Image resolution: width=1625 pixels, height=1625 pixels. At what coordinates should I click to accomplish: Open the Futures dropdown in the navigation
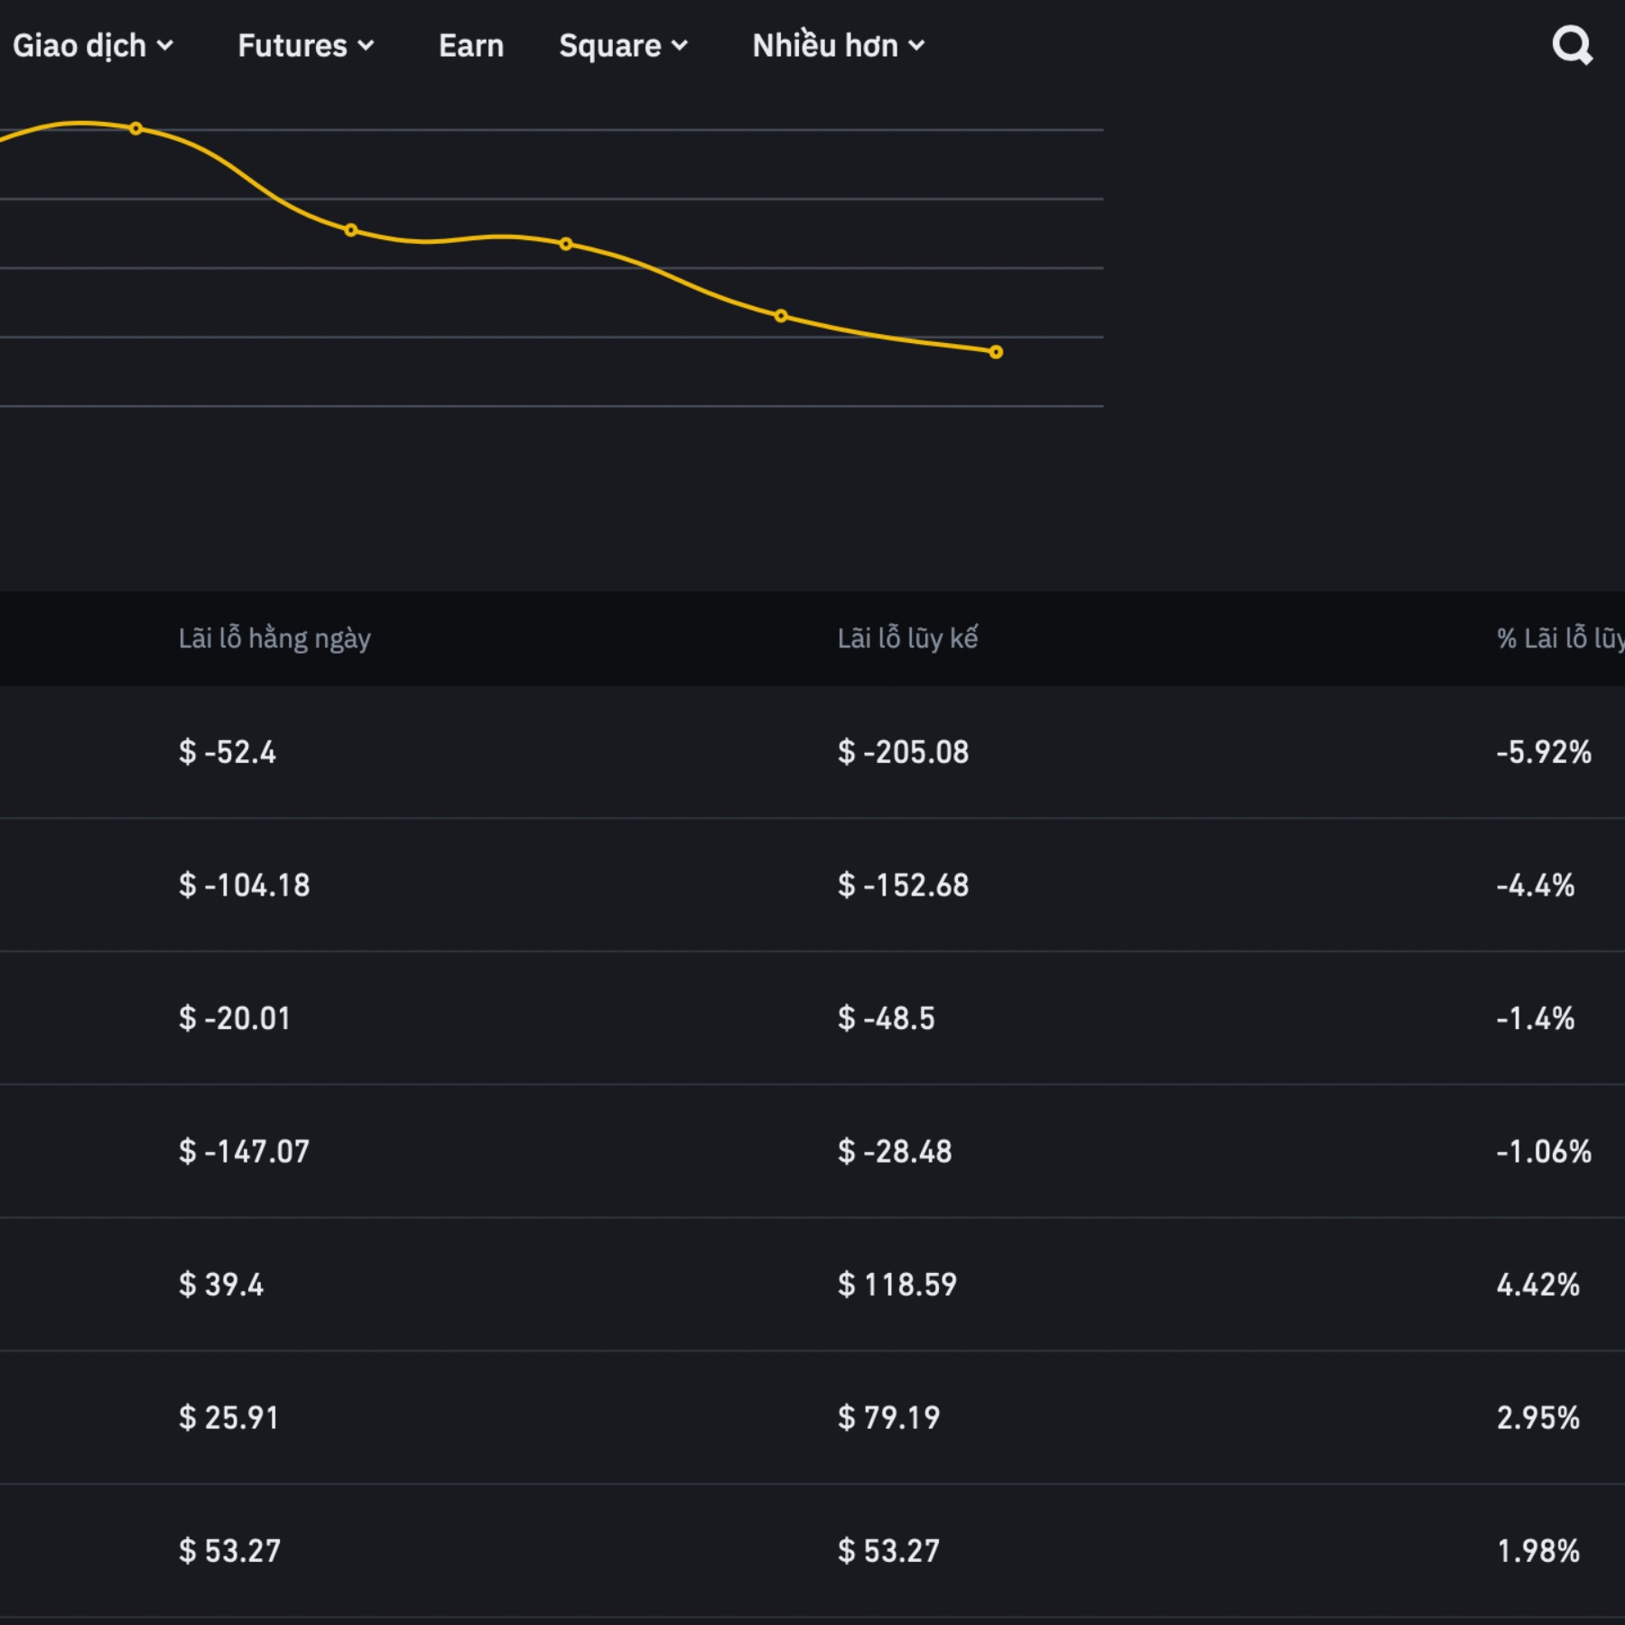[305, 45]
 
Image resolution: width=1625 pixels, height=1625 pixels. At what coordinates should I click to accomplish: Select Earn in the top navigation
[470, 45]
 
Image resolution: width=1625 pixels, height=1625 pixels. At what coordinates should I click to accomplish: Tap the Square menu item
[623, 45]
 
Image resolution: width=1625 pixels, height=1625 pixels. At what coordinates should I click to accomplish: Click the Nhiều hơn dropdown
[838, 45]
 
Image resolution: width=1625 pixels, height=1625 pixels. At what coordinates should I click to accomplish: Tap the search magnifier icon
[1572, 45]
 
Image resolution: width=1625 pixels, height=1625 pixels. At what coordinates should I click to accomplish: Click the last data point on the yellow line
[996, 352]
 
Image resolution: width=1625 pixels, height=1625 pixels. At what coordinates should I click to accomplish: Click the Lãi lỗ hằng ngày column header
[274, 638]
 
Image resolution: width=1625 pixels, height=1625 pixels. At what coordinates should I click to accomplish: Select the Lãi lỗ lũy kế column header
[907, 638]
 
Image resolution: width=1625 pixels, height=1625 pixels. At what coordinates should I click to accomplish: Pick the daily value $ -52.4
[227, 752]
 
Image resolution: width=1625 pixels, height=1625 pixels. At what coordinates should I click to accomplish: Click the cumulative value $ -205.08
[903, 752]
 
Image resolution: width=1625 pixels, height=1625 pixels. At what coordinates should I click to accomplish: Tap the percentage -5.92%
[1544, 752]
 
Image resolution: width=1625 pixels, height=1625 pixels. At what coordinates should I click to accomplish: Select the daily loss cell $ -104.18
[245, 885]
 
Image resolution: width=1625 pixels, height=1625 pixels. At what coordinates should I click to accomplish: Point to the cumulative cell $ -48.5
[887, 1018]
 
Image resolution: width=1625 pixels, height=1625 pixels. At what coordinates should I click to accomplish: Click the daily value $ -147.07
[245, 1151]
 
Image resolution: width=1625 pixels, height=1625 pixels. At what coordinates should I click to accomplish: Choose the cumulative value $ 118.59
[897, 1284]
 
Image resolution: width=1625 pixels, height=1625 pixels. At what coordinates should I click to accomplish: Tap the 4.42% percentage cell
[1538, 1284]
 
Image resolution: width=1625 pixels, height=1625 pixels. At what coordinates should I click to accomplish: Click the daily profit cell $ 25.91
[229, 1417]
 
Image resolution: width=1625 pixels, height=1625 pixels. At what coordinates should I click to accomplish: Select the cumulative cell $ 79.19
[889, 1417]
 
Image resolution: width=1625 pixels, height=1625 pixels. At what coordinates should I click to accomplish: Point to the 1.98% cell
[1538, 1550]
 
